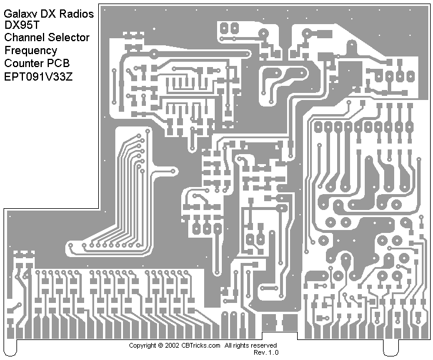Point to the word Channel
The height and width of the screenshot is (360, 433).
(x=24, y=38)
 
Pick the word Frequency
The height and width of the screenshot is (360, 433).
(x=31, y=51)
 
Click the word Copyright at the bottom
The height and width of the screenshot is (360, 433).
(x=143, y=345)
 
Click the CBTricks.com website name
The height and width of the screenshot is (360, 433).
(x=201, y=345)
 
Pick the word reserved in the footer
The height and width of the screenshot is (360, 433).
(x=265, y=345)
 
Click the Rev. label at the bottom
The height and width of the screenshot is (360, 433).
(x=259, y=352)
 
